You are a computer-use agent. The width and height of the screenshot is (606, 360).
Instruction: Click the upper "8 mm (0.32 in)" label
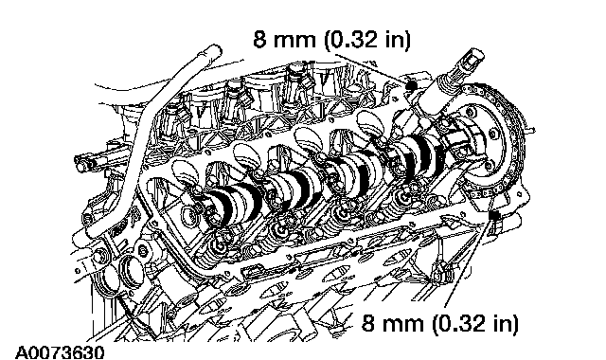(331, 39)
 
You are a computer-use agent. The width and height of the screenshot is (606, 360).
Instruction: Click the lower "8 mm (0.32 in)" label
(439, 322)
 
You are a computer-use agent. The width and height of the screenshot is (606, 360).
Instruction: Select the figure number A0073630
(60, 352)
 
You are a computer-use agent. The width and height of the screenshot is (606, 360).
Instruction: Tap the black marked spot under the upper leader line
(412, 84)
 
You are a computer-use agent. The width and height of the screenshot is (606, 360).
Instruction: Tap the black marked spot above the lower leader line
(493, 215)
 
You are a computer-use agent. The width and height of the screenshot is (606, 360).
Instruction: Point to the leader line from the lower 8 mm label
(469, 263)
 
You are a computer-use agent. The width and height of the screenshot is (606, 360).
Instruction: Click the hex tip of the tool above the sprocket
(473, 57)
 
